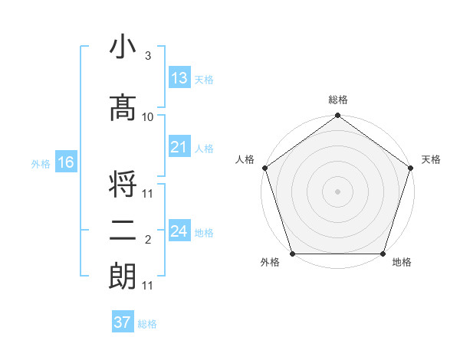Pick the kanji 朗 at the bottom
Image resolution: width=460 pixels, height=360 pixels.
click(123, 277)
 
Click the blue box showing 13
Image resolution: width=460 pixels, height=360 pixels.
click(179, 77)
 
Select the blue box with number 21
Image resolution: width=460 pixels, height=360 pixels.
click(179, 147)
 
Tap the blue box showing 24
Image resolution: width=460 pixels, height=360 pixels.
click(179, 231)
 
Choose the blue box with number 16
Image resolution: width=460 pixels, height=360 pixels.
click(65, 162)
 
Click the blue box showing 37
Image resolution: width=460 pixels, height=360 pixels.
click(123, 322)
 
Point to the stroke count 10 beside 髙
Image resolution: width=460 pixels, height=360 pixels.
click(148, 117)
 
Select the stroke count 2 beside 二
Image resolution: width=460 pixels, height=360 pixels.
click(147, 241)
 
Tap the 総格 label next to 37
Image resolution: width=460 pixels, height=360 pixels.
click(147, 324)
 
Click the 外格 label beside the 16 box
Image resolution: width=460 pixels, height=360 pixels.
click(40, 164)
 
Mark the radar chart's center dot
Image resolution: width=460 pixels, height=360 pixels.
click(337, 191)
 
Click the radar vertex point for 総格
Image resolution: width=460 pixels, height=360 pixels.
click(337, 116)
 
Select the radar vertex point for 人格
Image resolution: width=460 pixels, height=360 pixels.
click(265, 168)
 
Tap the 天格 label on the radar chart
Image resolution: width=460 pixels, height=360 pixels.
click(431, 159)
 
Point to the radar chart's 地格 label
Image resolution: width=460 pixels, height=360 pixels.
click(402, 263)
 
